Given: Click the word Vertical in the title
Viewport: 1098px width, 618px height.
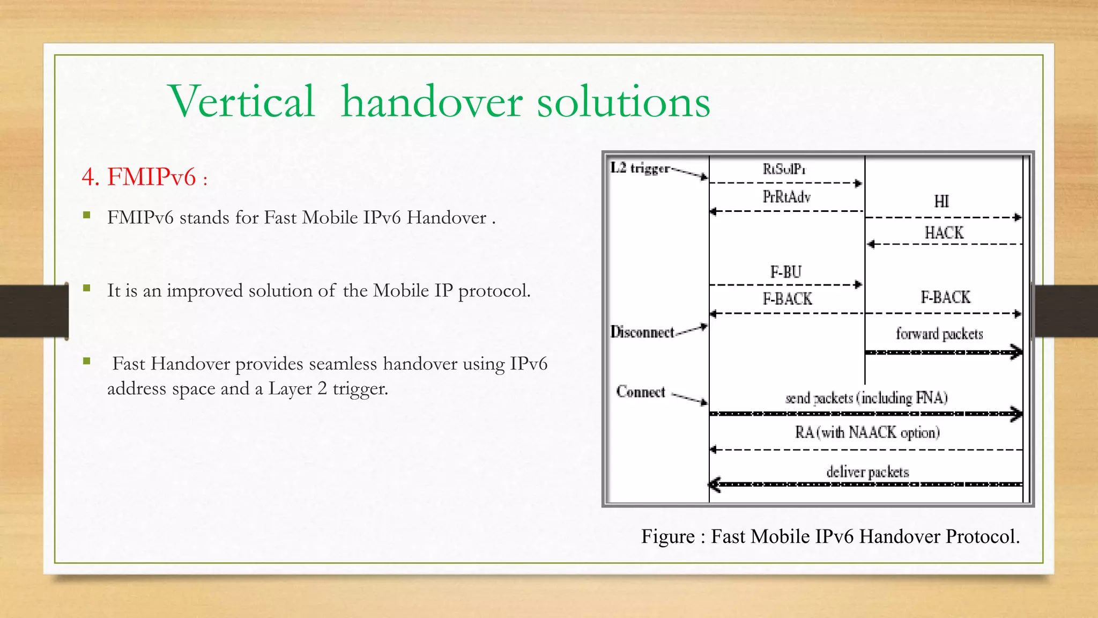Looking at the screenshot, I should [x=241, y=102].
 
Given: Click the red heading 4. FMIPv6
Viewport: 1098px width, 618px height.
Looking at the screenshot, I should [x=144, y=177].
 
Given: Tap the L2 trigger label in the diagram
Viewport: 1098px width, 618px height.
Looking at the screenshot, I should [x=640, y=168].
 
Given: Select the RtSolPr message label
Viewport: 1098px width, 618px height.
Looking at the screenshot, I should [x=784, y=170].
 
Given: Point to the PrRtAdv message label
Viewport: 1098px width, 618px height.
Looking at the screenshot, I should [x=787, y=197].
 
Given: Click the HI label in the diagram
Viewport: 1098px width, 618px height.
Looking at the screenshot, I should [x=941, y=202].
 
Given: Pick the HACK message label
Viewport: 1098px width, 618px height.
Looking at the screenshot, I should [x=944, y=233].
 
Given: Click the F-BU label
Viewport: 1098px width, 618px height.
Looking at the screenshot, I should [x=785, y=273].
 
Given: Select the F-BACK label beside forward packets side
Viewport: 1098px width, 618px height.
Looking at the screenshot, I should [x=945, y=297].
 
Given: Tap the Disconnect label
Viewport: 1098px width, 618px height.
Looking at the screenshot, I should [x=642, y=332].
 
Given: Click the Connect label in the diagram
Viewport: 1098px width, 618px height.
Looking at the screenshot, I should [x=641, y=392].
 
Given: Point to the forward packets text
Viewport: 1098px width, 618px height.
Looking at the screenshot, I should [x=939, y=334].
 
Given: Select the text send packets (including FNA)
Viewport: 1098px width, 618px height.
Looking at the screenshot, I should [x=866, y=398].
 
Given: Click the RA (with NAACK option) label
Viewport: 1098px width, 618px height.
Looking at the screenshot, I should [x=867, y=432].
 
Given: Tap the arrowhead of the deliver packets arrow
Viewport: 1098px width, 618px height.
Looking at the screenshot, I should [x=715, y=484].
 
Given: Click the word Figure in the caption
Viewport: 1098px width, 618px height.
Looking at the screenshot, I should [x=668, y=536].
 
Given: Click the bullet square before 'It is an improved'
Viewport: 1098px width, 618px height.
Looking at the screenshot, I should [x=87, y=289].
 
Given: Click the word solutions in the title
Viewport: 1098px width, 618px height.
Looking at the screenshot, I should [x=624, y=102].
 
